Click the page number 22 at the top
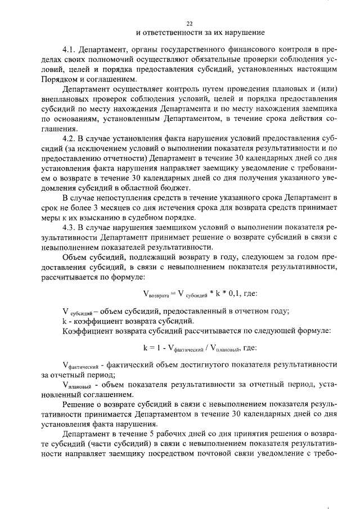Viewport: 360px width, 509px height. [x=189, y=23]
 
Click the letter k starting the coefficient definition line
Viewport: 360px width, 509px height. [x=65, y=319]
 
